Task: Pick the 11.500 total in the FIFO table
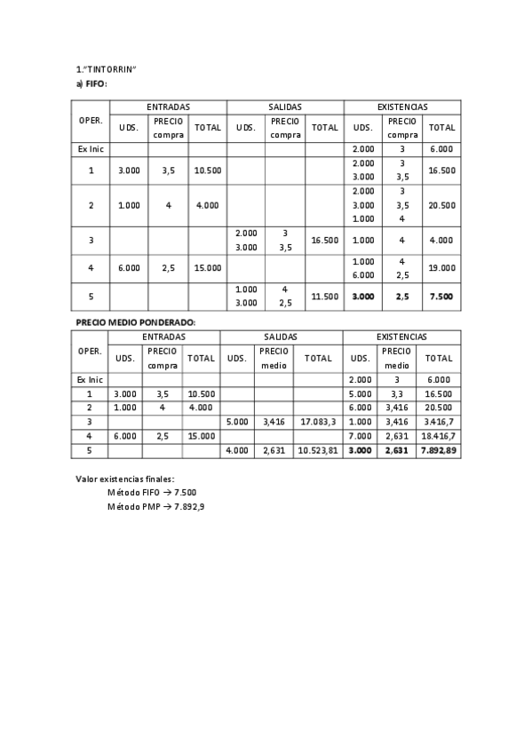[x=325, y=296]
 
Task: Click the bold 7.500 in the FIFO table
[x=441, y=296]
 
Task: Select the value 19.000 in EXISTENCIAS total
[x=441, y=267]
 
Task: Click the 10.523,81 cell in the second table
[x=318, y=451]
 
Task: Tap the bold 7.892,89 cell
[x=440, y=451]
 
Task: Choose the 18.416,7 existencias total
[x=440, y=436]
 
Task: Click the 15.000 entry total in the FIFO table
[x=208, y=267]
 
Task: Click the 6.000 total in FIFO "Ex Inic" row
[x=441, y=149]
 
